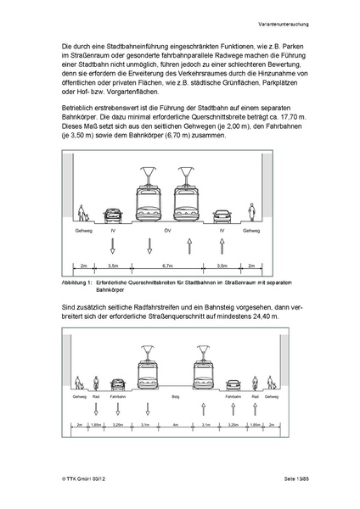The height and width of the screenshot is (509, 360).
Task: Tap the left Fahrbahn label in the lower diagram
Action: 117,397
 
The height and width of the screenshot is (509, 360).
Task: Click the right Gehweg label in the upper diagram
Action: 251,230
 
